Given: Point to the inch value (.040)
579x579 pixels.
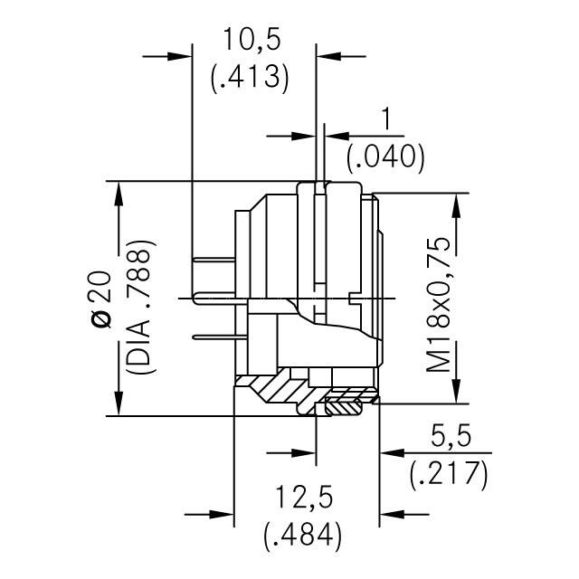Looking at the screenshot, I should (386, 157).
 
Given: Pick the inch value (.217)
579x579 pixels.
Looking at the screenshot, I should (448, 472).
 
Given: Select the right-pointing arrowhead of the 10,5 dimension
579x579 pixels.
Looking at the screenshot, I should (180, 56).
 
